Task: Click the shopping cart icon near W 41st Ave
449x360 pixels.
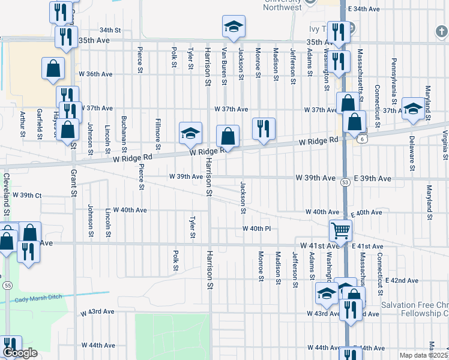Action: pos(340,229)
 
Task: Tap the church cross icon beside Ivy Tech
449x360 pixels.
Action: pos(352,28)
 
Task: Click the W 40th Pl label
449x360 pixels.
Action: pos(257,229)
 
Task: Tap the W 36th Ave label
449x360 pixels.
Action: pos(95,74)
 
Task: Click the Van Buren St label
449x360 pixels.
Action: pos(224,63)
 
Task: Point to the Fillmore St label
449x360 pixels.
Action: pos(158,133)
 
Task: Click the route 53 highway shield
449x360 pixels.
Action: pos(345,181)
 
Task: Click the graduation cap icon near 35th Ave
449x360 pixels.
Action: pos(234,27)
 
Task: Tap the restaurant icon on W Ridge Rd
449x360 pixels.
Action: pos(264,128)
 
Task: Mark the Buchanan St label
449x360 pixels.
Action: pos(124,133)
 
